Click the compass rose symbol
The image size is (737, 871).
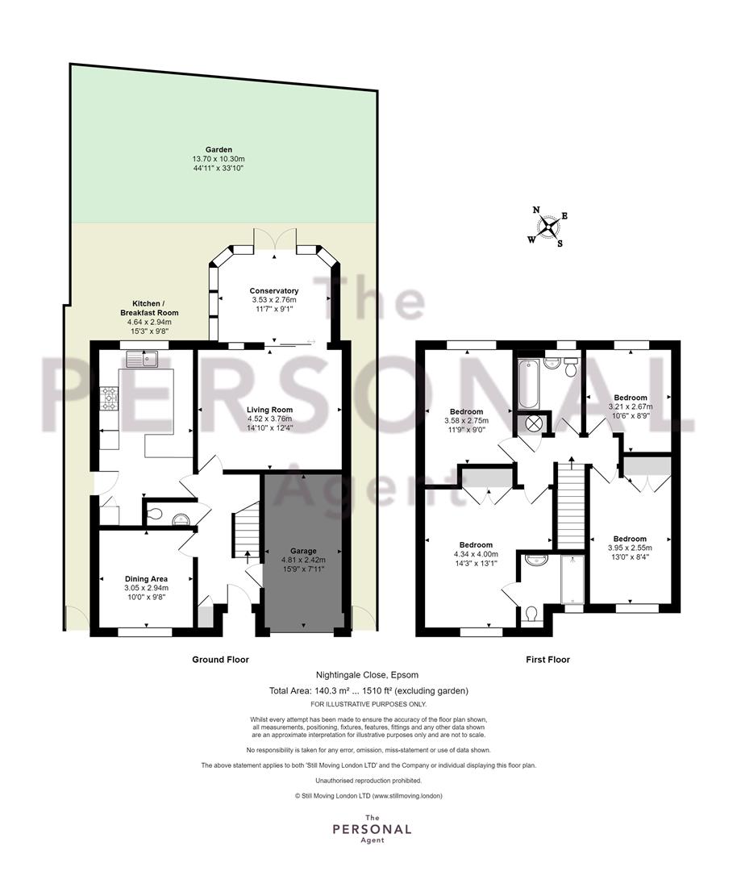(x=548, y=227)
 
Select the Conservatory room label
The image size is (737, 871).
(x=274, y=290)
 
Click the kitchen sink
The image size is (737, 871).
(x=142, y=360)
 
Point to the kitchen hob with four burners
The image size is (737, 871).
(x=109, y=398)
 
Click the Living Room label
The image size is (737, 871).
(x=270, y=410)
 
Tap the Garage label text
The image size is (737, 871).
(x=302, y=551)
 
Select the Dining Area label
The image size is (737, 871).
(x=146, y=579)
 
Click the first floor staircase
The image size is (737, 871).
(x=572, y=505)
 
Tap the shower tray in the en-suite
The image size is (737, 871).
(x=573, y=579)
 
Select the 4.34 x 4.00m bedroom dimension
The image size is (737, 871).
(x=476, y=554)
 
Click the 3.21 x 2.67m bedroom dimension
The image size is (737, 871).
(x=631, y=406)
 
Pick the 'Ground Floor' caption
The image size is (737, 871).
(x=220, y=660)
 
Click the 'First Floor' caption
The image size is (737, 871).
(x=548, y=660)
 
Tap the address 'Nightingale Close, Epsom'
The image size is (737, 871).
(x=367, y=675)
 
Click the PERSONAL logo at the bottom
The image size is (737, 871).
(x=372, y=829)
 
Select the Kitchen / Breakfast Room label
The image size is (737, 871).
(x=149, y=308)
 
